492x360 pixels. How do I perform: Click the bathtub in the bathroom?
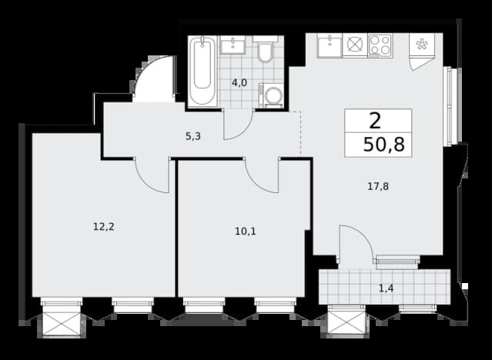[202, 71]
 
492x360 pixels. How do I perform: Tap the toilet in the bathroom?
[266, 49]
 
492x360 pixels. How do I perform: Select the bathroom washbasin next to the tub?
[233, 45]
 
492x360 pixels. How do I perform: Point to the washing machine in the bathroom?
[271, 95]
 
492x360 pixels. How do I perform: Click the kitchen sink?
[329, 46]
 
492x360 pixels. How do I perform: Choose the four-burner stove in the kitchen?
[380, 45]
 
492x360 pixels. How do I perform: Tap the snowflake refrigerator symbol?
[422, 45]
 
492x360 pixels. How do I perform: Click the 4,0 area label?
[239, 83]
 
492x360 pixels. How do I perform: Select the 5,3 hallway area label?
[193, 136]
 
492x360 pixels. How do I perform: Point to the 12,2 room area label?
[103, 227]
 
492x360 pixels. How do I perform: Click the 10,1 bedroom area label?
[246, 232]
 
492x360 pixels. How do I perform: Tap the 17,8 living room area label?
[378, 187]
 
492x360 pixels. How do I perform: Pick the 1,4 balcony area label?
[387, 288]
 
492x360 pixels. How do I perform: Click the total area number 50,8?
[383, 145]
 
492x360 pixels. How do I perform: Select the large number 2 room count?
[375, 121]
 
